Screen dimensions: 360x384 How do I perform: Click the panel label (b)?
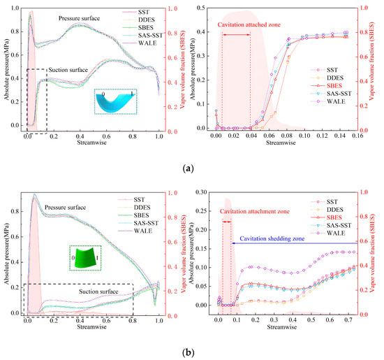click(x=187, y=351)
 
